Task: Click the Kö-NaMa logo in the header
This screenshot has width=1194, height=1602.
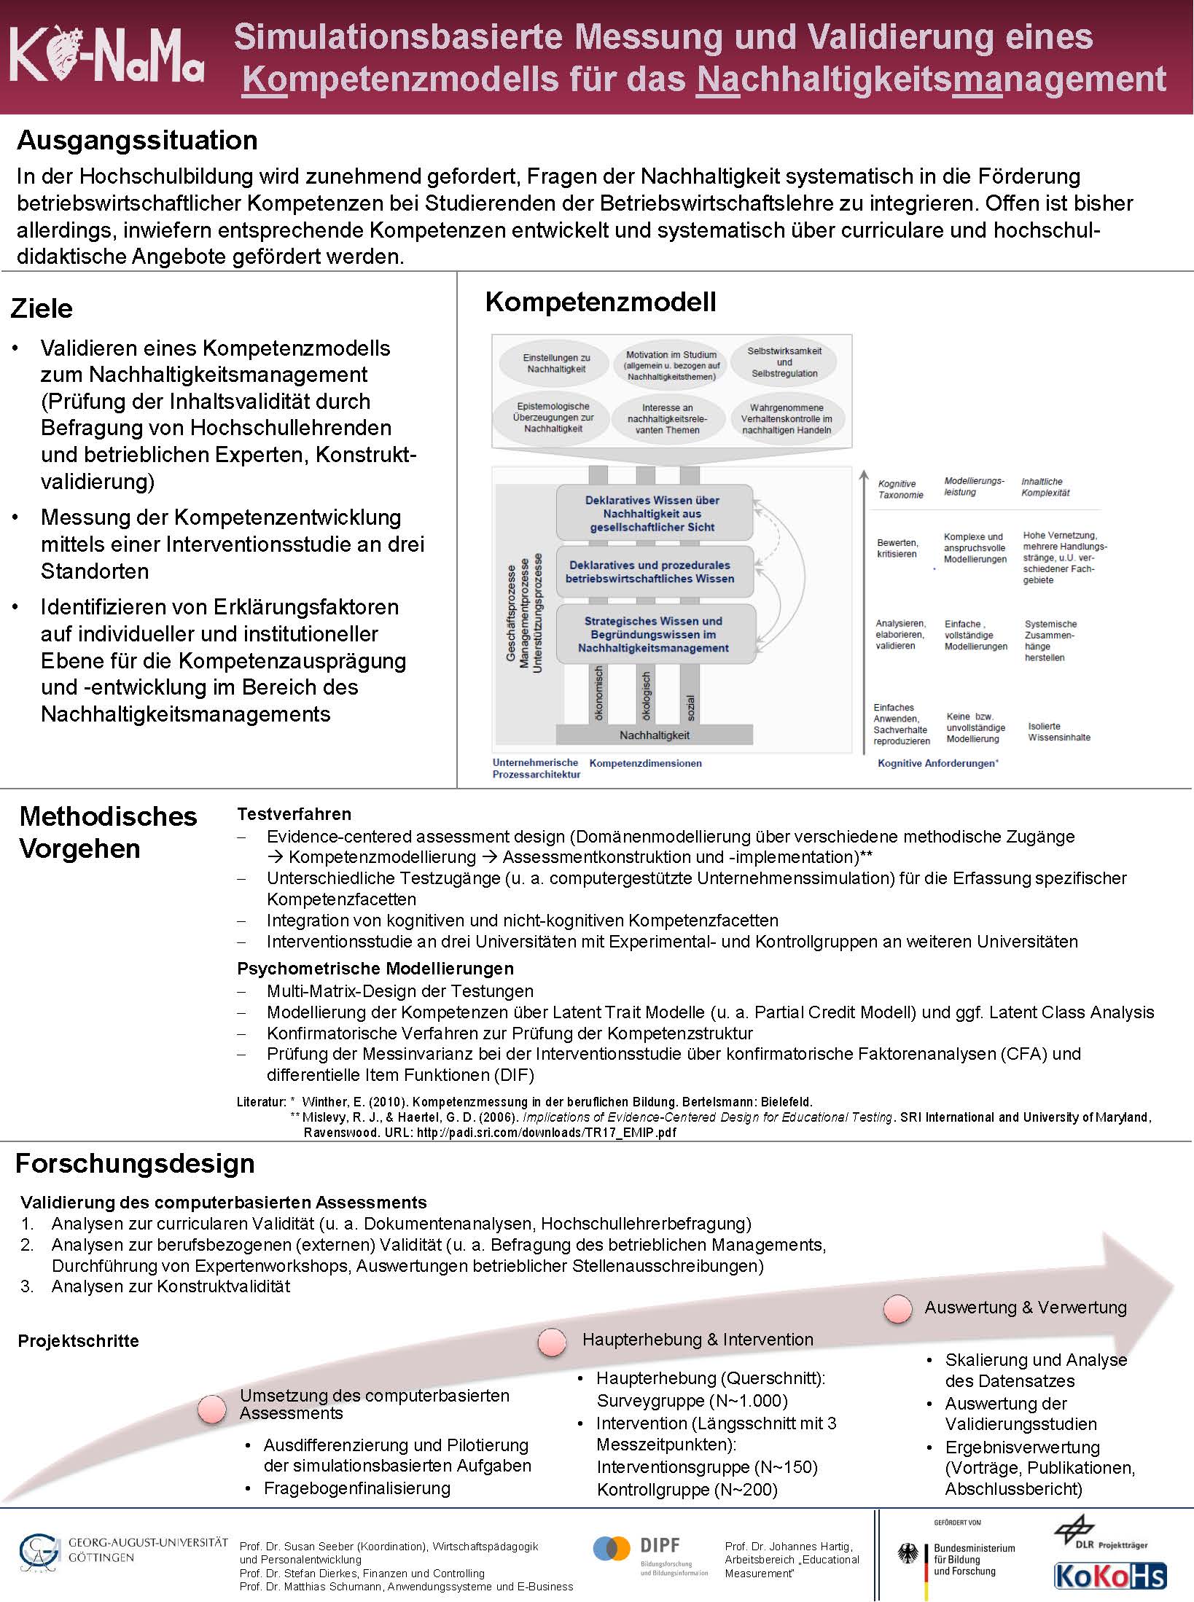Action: tap(106, 57)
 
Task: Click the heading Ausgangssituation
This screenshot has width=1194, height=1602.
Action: tap(137, 140)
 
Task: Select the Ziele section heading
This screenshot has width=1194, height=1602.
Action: tap(42, 308)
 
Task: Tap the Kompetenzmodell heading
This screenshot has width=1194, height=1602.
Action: tap(601, 302)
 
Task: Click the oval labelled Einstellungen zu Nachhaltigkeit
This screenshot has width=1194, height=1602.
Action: tap(556, 363)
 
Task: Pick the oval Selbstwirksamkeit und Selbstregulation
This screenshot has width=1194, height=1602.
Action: tap(784, 362)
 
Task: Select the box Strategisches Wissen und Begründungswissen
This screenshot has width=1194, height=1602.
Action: tap(654, 634)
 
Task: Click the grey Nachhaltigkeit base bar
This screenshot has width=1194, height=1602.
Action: tap(655, 735)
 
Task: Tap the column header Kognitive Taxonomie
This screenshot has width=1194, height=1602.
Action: tap(900, 489)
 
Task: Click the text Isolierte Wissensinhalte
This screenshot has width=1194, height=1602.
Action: tap(1059, 732)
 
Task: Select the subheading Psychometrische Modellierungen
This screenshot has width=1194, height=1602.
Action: tap(375, 969)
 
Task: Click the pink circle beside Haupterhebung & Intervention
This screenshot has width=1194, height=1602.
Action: tap(552, 1342)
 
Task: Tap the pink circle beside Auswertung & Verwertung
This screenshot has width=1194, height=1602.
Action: tap(897, 1310)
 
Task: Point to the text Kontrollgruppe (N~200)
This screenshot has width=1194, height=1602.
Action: tap(687, 1490)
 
